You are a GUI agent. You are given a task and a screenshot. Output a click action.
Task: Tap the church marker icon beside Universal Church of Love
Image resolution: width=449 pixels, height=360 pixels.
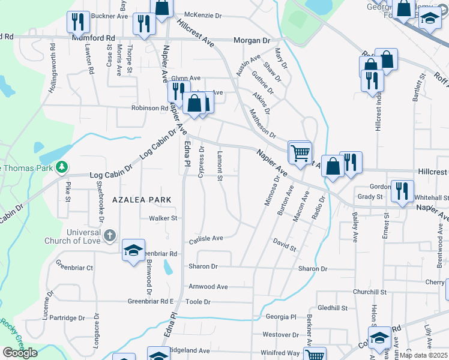click(x=109, y=236)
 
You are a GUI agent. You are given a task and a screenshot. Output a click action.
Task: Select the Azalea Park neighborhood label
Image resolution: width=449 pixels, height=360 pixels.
click(x=140, y=199)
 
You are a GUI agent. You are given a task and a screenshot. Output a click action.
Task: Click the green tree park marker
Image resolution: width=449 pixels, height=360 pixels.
click(x=61, y=167)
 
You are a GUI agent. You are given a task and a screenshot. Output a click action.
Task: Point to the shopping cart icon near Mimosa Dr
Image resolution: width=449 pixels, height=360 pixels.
click(x=299, y=151)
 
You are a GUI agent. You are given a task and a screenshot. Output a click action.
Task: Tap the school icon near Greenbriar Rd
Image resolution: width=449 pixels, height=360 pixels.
click(x=133, y=250)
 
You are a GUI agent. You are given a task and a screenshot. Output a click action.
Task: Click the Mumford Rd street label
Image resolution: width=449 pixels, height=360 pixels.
click(x=93, y=37)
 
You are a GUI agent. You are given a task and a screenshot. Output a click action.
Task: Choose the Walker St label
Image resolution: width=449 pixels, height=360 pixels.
click(x=164, y=218)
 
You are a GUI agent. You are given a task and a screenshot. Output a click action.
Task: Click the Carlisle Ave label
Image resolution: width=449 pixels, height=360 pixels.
click(x=206, y=238)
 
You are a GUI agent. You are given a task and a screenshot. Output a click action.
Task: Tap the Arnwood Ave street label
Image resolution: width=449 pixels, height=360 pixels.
click(x=208, y=287)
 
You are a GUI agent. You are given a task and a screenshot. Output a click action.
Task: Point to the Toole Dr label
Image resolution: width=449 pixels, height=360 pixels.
click(x=199, y=301)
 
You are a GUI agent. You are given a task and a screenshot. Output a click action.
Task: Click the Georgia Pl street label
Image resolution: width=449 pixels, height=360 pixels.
click(x=282, y=317)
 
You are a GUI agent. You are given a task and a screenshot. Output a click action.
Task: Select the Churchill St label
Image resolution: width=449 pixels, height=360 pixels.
click(x=369, y=292)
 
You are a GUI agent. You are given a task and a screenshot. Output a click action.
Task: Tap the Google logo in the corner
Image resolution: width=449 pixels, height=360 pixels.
click(x=19, y=353)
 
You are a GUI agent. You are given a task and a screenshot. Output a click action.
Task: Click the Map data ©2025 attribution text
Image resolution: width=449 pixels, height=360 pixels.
click(x=423, y=355)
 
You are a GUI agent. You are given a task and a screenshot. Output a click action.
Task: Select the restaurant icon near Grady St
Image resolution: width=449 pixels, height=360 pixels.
click(x=402, y=191)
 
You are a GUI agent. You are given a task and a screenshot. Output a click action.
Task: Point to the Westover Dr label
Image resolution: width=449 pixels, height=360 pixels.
click(x=280, y=334)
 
